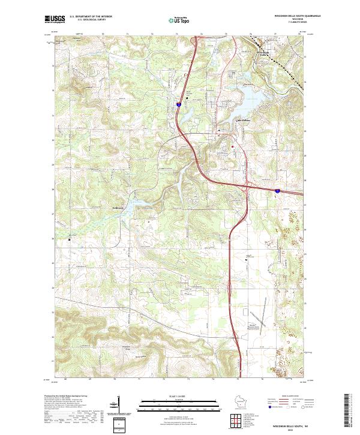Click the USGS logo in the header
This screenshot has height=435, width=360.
55,19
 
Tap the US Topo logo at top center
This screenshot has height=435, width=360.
179,20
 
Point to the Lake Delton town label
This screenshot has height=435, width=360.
227,128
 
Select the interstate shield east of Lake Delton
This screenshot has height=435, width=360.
277,190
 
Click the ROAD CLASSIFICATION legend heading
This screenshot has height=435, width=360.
288,397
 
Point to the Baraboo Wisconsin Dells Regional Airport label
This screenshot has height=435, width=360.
259,328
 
